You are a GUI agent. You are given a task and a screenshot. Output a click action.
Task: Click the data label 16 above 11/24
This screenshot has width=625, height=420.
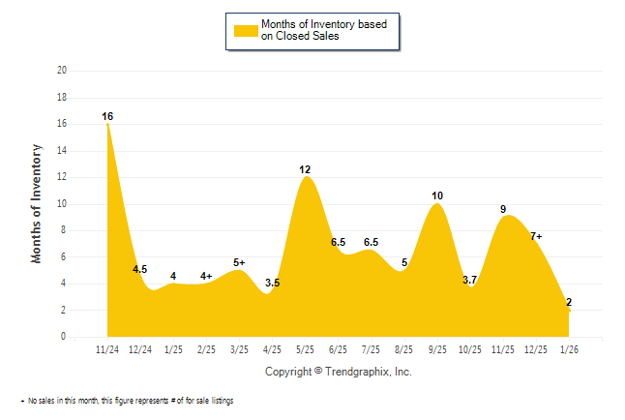pyautogui.click(x=107, y=117)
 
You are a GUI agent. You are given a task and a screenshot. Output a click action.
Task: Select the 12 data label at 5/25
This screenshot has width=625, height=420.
pyautogui.click(x=305, y=170)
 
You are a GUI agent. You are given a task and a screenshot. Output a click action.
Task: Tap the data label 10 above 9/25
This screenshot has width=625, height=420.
pyautogui.click(x=437, y=196)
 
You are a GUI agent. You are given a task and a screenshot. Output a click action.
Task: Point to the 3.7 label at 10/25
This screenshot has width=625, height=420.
pyautogui.click(x=470, y=280)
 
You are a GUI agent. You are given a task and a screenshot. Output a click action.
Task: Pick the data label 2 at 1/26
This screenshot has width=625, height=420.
pyautogui.click(x=569, y=303)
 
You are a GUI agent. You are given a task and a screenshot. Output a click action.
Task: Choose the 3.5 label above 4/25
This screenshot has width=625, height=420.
pyautogui.click(x=272, y=283)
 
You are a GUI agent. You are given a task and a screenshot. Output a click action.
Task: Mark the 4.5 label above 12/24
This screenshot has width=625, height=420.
pyautogui.click(x=139, y=270)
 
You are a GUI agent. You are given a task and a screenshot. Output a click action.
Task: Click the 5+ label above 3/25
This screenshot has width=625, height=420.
pyautogui.click(x=239, y=262)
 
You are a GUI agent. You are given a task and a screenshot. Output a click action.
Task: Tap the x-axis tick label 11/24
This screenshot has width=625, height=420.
pyautogui.click(x=107, y=349)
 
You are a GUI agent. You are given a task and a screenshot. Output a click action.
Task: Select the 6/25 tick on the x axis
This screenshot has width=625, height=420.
pyautogui.click(x=339, y=349)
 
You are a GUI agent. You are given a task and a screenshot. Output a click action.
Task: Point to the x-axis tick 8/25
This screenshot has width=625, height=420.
pyautogui.click(x=404, y=349)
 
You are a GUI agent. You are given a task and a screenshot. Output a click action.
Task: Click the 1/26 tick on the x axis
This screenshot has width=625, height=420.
pyautogui.click(x=569, y=349)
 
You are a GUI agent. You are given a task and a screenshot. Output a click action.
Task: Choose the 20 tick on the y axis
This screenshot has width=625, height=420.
pyautogui.click(x=62, y=71)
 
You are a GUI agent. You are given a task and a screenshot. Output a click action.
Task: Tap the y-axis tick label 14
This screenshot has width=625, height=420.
pyautogui.click(x=62, y=151)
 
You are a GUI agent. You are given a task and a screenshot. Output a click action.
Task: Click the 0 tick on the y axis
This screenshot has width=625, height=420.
pyautogui.click(x=64, y=337)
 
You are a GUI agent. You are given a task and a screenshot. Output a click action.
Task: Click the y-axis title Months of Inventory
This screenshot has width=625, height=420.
pyautogui.click(x=37, y=203)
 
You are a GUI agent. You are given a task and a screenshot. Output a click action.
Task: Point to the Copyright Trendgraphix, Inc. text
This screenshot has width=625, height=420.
pyautogui.click(x=338, y=372)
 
